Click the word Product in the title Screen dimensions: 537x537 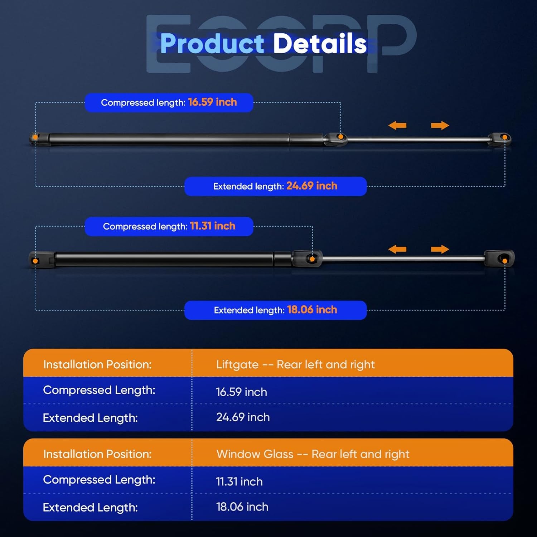pyautogui.click(x=212, y=43)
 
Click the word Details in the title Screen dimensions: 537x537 pyautogui.click(x=320, y=43)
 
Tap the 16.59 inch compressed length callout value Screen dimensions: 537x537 pyautogui.click(x=212, y=102)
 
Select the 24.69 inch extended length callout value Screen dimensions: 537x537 pyautogui.click(x=312, y=186)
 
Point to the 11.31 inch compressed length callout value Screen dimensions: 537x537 pyautogui.click(x=213, y=226)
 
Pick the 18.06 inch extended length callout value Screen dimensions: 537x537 pyautogui.click(x=312, y=310)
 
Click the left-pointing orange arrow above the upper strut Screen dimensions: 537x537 pyautogui.click(x=397, y=125)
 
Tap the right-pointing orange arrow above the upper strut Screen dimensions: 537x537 pyautogui.click(x=440, y=125)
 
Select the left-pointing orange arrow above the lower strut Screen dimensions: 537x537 pyautogui.click(x=397, y=249)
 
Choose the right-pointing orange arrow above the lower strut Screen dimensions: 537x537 pyautogui.click(x=440, y=249)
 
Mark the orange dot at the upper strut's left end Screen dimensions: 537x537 pyautogui.click(x=35, y=137)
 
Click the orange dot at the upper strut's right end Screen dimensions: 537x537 pyautogui.click(x=505, y=137)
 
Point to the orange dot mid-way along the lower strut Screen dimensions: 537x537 pyautogui.click(x=312, y=258)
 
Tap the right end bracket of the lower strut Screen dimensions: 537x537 pyautogui.click(x=500, y=258)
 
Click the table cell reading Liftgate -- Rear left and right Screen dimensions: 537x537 pyautogui.click(x=295, y=364)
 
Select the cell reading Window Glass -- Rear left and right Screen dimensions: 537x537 pyautogui.click(x=313, y=454)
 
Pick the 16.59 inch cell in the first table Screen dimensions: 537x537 pyautogui.click(x=241, y=392)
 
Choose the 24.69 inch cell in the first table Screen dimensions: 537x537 pyautogui.click(x=243, y=417)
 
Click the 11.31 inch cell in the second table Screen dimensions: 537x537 pyautogui.click(x=239, y=482)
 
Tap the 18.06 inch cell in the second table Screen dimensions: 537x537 pyautogui.click(x=242, y=507)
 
